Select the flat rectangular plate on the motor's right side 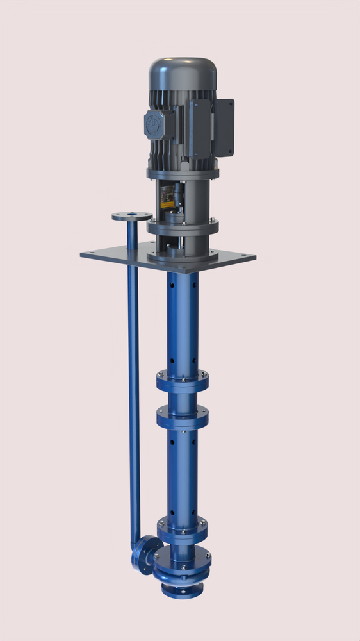[x=224, y=127]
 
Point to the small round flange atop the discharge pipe [x=132, y=217]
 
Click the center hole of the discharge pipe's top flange [x=132, y=215]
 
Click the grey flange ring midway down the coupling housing [x=183, y=226]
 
